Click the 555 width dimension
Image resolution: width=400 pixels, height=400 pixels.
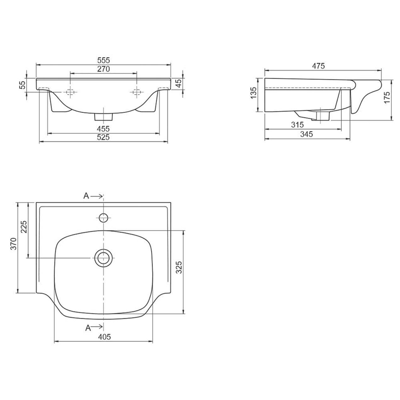click(103, 60)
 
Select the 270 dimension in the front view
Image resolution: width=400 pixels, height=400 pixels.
click(103, 69)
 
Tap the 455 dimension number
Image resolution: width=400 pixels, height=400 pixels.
click(103, 129)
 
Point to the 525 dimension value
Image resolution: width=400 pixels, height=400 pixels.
click(103, 137)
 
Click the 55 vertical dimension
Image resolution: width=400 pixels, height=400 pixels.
click(22, 85)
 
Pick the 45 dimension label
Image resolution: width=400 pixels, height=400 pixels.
click(179, 83)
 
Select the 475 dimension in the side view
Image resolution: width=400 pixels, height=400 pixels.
click(318, 66)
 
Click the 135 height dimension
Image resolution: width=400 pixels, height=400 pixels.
click(253, 93)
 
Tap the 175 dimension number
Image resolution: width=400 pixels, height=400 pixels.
click(387, 97)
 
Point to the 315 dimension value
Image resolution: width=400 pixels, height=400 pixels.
click(297, 125)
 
